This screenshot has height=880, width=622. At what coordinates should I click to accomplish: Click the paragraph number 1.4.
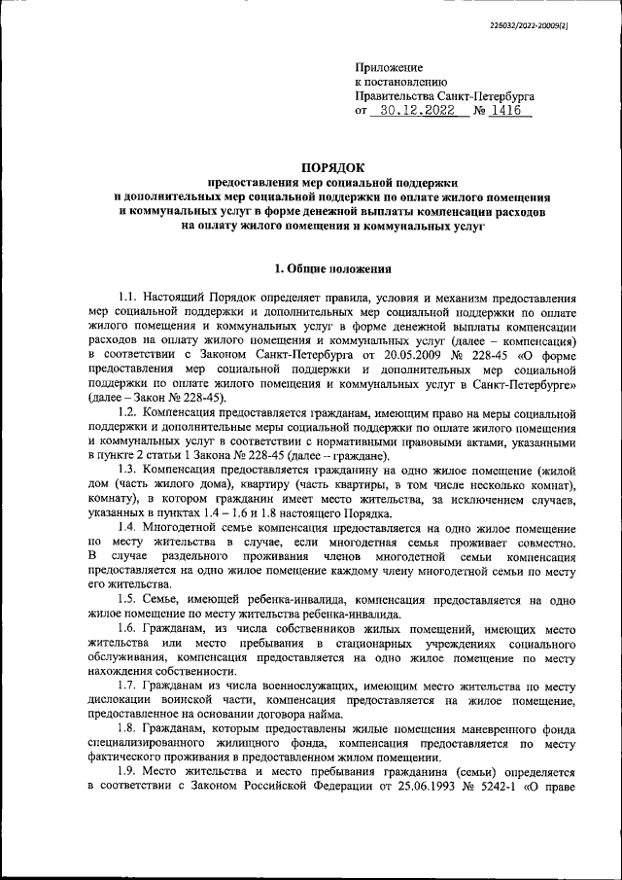(x=126, y=528)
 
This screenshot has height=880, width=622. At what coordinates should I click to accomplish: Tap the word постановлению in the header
(x=408, y=83)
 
